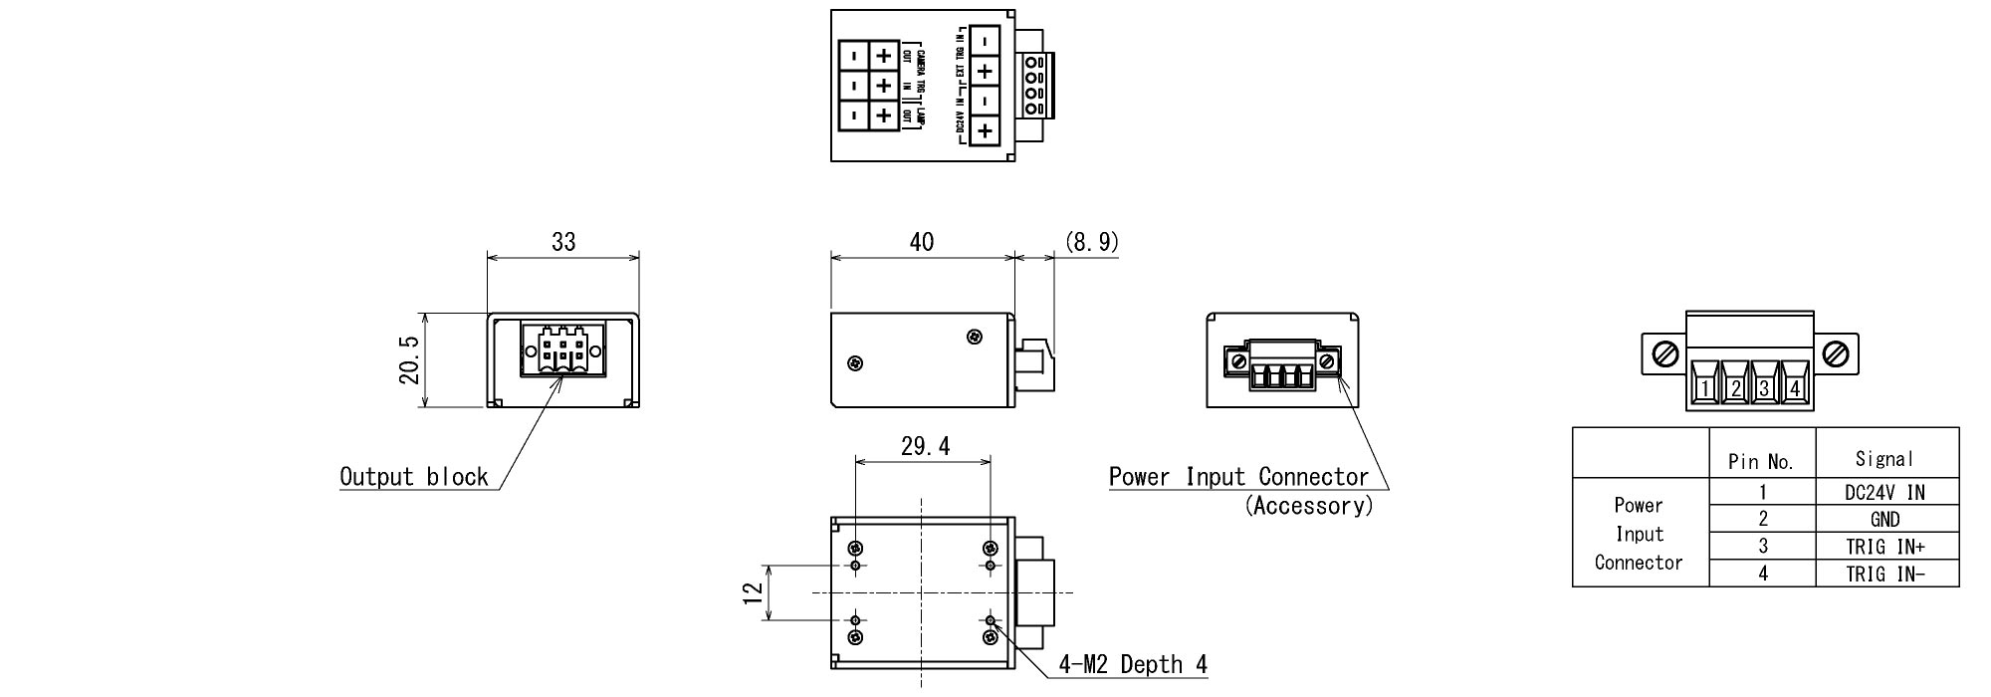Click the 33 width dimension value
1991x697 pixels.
563,242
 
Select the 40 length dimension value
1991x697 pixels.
922,242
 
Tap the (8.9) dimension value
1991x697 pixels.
1092,242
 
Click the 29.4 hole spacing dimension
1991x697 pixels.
925,446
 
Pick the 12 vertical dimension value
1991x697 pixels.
753,591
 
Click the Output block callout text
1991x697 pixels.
414,477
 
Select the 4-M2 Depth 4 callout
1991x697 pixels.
1133,664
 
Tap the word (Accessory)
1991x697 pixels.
1309,506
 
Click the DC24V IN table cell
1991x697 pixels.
1884,492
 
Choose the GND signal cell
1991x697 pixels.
1884,519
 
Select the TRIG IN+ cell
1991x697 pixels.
1884,547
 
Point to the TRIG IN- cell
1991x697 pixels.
1884,575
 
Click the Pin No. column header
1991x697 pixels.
1761,461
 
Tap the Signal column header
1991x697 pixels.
1884,459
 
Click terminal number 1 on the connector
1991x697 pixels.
1705,387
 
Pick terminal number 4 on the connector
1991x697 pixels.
1794,387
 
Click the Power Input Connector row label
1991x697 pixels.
1639,534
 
